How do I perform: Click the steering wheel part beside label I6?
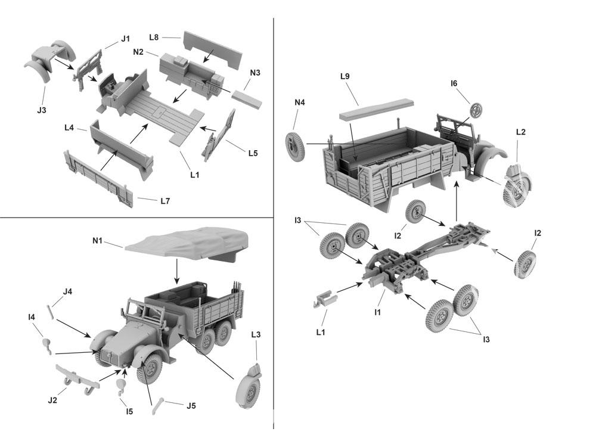[x=477, y=110]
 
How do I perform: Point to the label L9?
[x=345, y=77]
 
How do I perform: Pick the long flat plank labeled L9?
[x=377, y=110]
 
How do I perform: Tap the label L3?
[x=256, y=335]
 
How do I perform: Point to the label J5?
[x=191, y=406]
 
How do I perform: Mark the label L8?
[x=154, y=37]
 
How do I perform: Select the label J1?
[x=125, y=39]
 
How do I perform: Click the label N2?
[x=138, y=52]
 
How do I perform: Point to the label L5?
[x=253, y=153]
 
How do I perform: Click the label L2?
[x=520, y=132]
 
